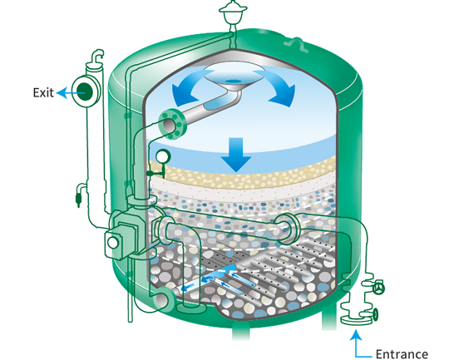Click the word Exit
click(43, 92)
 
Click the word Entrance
click(402, 354)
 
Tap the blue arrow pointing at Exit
click(70, 93)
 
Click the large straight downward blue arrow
click(236, 155)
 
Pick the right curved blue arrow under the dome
click(277, 88)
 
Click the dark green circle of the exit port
click(86, 91)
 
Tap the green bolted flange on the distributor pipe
click(172, 125)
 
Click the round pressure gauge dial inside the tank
click(163, 157)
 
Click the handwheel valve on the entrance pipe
click(380, 288)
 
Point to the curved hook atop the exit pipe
click(97, 57)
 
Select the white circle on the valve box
click(112, 243)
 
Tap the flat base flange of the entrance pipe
click(356, 320)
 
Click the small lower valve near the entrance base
click(376, 314)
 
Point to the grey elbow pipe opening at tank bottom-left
click(161, 300)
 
